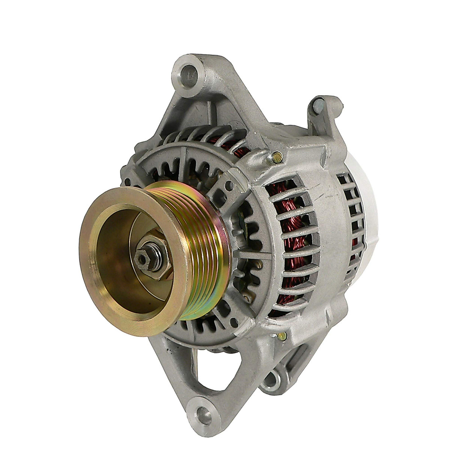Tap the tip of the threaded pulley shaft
(x=141, y=258)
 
